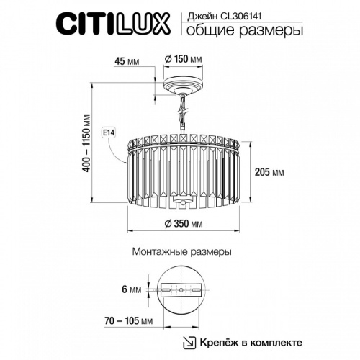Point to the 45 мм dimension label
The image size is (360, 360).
[x=127, y=60]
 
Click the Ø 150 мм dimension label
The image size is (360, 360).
[x=182, y=58]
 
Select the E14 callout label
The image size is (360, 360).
[x=110, y=132]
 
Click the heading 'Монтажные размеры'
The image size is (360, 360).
[x=181, y=253]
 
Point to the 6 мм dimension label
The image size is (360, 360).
[x=131, y=289]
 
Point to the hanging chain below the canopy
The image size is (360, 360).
[x=181, y=113]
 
